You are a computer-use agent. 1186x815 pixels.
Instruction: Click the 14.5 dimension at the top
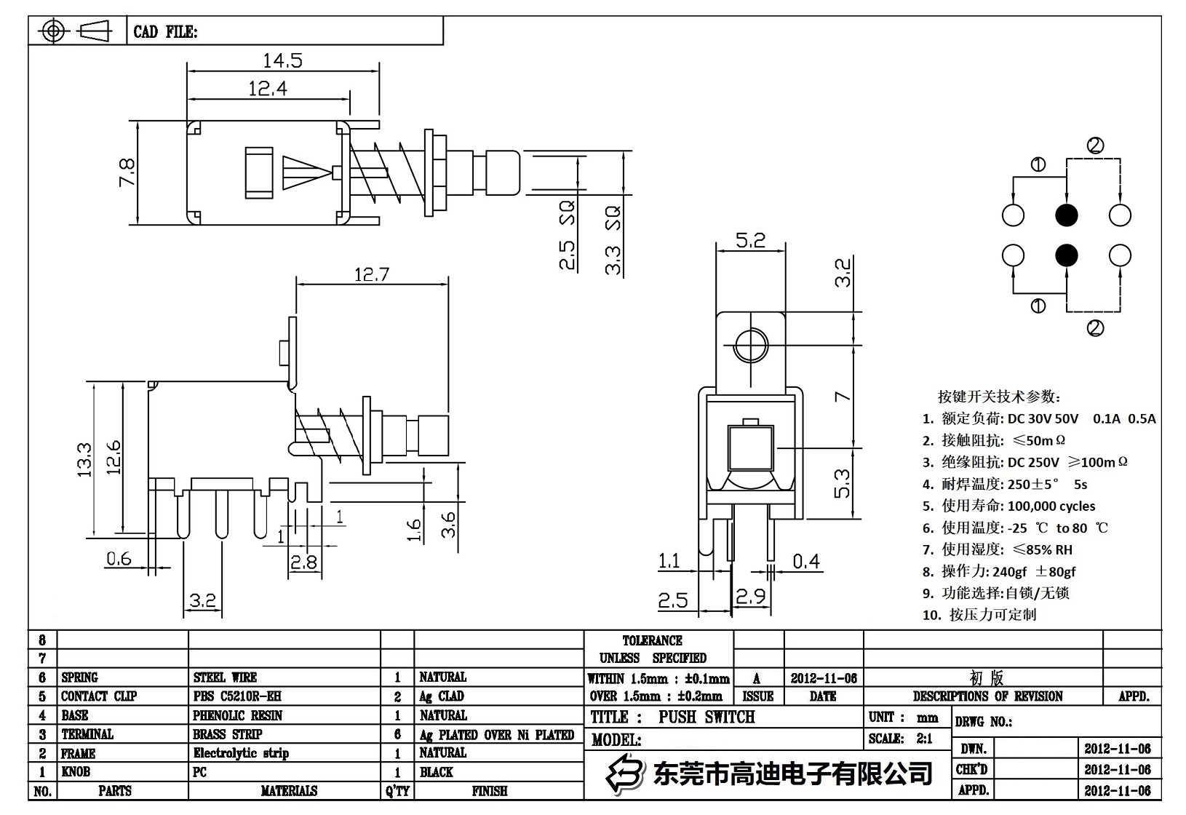pyautogui.click(x=282, y=60)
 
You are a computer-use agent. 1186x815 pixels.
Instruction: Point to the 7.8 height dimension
pyautogui.click(x=127, y=172)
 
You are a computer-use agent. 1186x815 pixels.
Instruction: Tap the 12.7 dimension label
pyautogui.click(x=371, y=274)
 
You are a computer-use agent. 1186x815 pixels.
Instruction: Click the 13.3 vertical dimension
pyautogui.click(x=85, y=459)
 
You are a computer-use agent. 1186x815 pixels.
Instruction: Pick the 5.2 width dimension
pyautogui.click(x=750, y=240)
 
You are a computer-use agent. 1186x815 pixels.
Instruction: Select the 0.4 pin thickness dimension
pyautogui.click(x=805, y=561)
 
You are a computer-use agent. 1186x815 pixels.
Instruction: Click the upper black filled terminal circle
pyautogui.click(x=1067, y=215)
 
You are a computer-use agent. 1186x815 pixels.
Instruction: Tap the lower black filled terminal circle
pyautogui.click(x=1067, y=255)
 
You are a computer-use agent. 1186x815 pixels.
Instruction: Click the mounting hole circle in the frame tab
pyautogui.click(x=750, y=345)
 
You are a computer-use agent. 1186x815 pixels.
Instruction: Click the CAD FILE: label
pyautogui.click(x=165, y=32)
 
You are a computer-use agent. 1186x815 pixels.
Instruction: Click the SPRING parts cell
pyautogui.click(x=79, y=677)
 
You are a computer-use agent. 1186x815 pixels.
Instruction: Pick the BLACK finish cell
pyautogui.click(x=436, y=772)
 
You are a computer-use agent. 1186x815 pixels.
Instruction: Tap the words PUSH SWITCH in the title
pyautogui.click(x=707, y=717)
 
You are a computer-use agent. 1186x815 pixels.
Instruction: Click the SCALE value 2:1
pyautogui.click(x=924, y=739)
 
